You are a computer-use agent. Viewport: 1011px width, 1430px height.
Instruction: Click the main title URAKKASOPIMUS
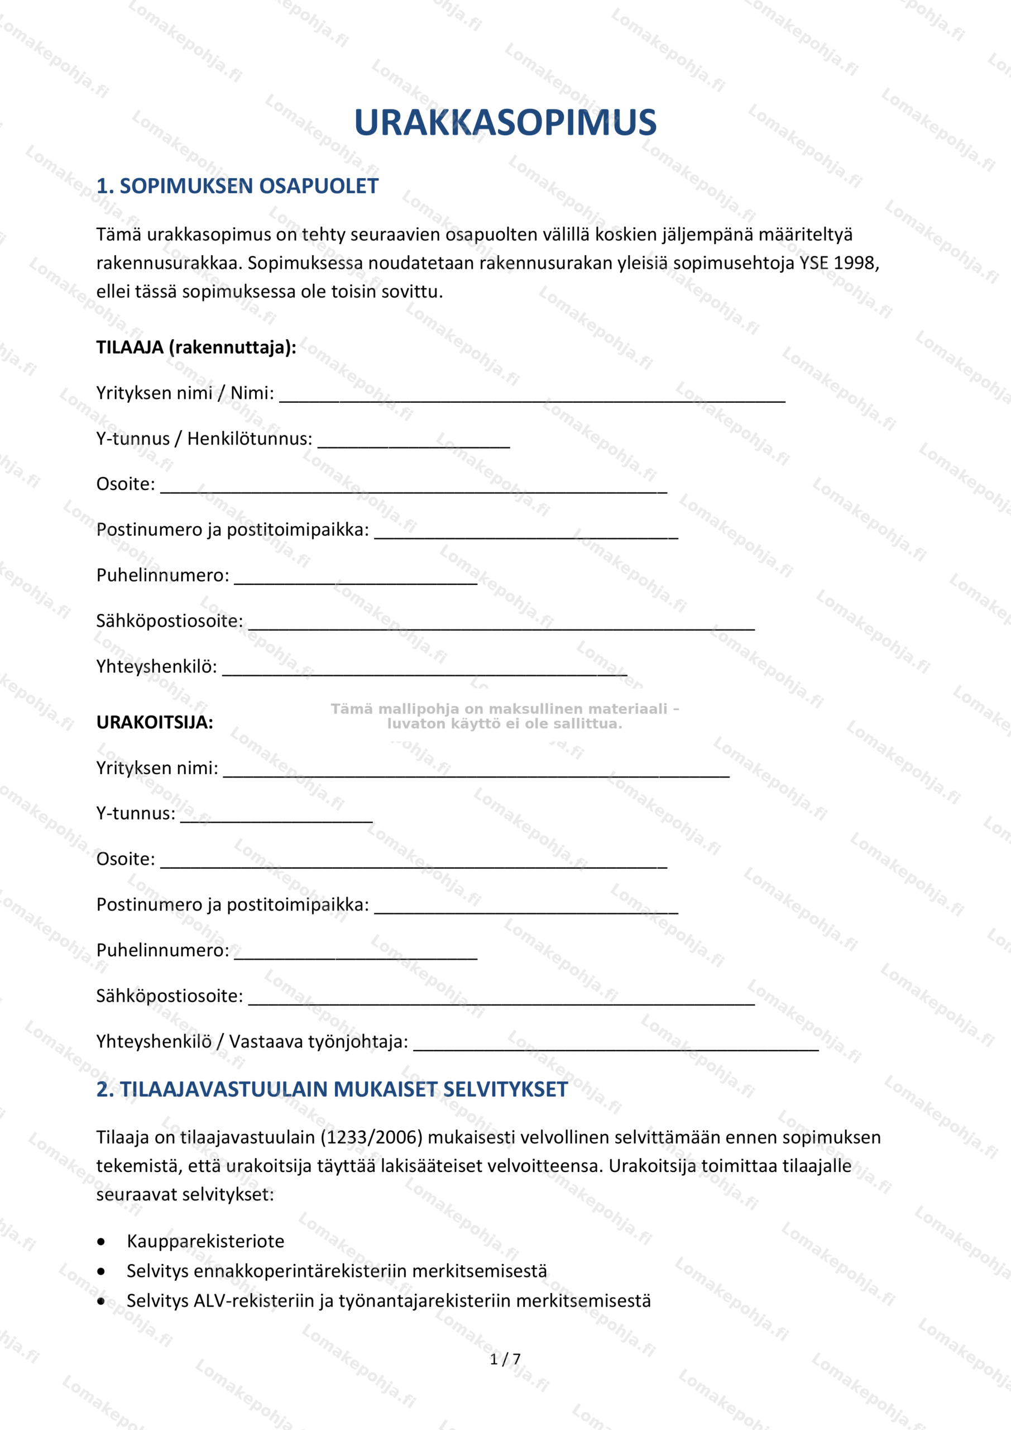505,123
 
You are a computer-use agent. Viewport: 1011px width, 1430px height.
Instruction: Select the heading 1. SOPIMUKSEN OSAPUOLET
237,186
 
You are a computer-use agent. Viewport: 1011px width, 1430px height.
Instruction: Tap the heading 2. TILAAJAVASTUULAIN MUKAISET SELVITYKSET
332,1089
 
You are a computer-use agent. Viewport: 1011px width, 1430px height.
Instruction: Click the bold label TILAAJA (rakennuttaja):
196,347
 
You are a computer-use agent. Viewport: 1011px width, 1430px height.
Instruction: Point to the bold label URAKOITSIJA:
155,722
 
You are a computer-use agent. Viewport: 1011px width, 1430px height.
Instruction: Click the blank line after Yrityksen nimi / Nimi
531,396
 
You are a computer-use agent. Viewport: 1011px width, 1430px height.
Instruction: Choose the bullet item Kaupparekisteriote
205,1241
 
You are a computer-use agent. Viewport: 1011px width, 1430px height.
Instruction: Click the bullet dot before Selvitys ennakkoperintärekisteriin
102,1271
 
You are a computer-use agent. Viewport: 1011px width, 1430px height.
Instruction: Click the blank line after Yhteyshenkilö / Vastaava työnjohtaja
616,1045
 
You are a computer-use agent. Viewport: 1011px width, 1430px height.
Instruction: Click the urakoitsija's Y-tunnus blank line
276,817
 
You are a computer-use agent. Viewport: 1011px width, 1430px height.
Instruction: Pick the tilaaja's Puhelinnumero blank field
356,579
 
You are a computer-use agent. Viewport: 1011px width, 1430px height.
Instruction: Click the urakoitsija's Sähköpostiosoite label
169,996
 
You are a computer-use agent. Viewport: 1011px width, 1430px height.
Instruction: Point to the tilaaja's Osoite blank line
413,487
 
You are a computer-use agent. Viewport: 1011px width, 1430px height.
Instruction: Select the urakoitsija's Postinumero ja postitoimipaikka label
232,905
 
